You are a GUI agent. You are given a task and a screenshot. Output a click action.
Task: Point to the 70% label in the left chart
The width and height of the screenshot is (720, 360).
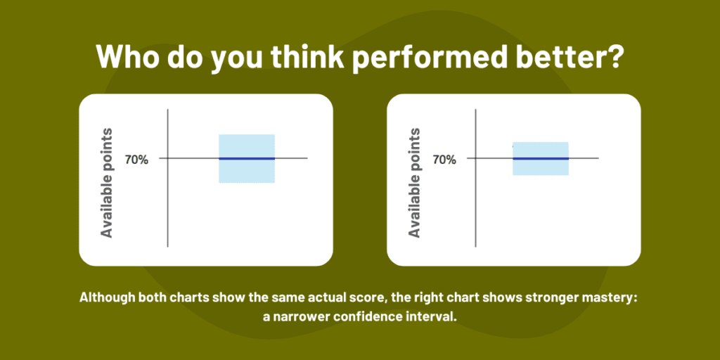pos(136,160)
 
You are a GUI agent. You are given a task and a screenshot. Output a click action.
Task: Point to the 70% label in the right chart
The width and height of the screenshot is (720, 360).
pos(444,160)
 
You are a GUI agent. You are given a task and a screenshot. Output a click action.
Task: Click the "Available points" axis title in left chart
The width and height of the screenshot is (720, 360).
pos(107,182)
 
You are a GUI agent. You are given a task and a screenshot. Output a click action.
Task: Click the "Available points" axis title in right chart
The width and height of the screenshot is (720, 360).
pos(415,182)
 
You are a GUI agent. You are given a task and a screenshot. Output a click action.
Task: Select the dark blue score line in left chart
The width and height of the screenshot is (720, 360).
pos(246,159)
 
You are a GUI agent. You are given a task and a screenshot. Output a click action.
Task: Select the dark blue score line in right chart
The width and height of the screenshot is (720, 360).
pos(540,159)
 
